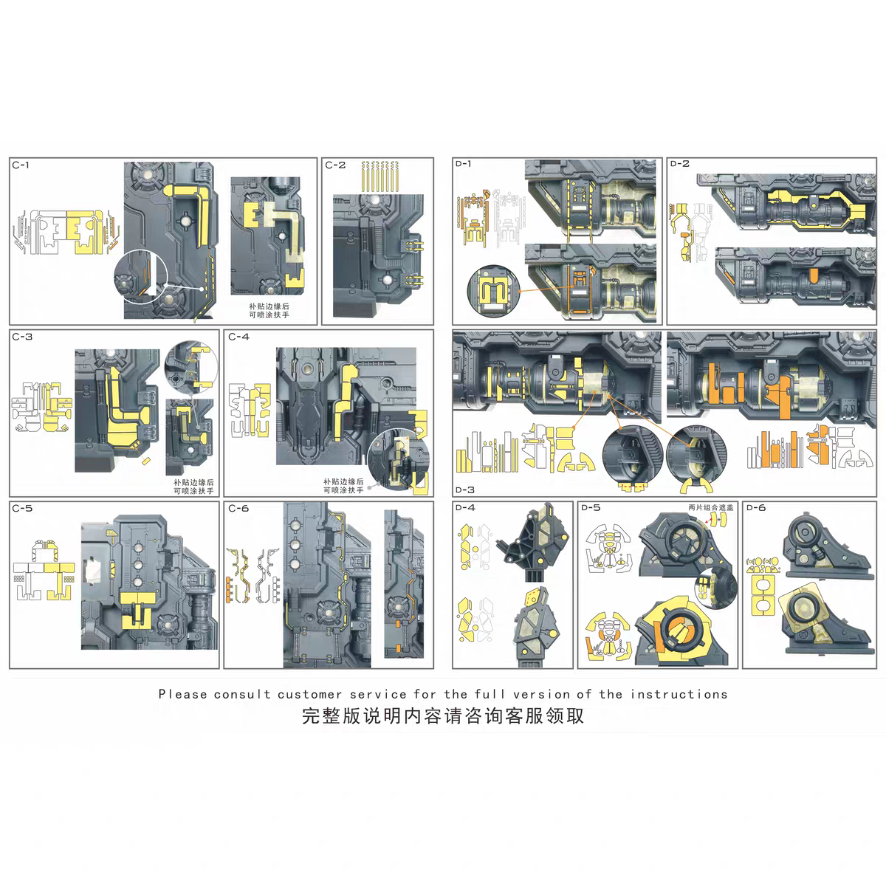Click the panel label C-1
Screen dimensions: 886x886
click(21, 165)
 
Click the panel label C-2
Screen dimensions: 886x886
click(334, 165)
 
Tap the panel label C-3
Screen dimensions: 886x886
click(23, 337)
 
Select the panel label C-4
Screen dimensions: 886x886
click(238, 337)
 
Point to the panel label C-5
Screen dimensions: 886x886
click(23, 508)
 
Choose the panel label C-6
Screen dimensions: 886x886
click(238, 508)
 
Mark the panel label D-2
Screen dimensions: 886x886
click(679, 164)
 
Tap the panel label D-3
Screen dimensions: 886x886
click(465, 490)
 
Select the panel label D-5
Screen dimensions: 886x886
click(591, 507)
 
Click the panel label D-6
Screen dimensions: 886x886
click(756, 507)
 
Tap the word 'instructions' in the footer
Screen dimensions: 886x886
click(679, 694)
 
